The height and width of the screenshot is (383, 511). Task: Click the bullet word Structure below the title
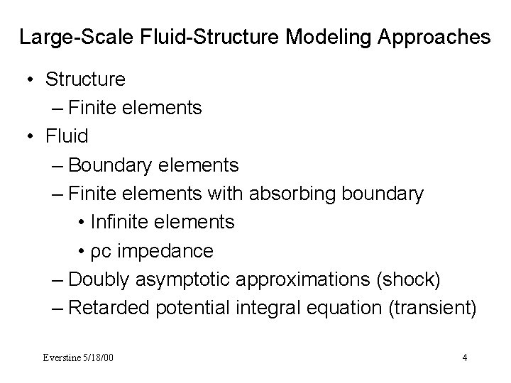pos(85,79)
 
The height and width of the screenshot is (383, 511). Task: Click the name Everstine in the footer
pos(63,357)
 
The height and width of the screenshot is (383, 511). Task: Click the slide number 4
pos(464,357)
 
